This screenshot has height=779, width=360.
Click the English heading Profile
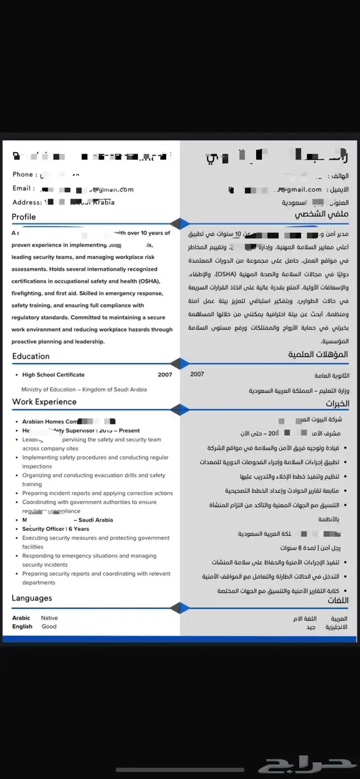click(24, 217)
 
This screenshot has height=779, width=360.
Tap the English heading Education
click(31, 356)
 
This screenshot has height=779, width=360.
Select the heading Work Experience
click(44, 402)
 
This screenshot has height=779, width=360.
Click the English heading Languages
click(32, 598)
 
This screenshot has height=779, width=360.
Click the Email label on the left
click(24, 188)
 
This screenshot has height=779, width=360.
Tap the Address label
click(27, 202)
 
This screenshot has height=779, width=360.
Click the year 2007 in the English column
click(165, 375)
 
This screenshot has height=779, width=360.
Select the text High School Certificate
click(53, 375)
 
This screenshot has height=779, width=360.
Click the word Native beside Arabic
click(49, 618)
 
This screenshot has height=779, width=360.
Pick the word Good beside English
click(49, 627)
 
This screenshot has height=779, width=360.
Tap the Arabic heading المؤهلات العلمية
click(318, 355)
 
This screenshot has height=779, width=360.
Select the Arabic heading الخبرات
click(337, 403)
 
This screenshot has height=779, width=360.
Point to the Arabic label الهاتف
click(338, 176)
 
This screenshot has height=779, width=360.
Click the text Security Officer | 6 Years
click(56, 529)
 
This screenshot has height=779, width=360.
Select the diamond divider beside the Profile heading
click(179, 224)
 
